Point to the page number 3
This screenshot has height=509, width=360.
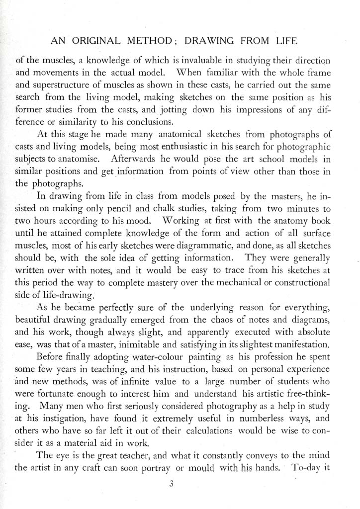[x=171, y=486]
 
